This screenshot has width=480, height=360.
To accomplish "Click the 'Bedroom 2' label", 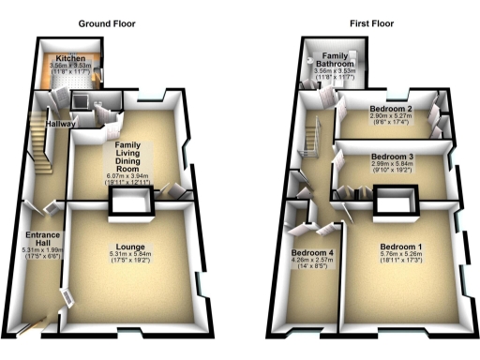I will [393, 110].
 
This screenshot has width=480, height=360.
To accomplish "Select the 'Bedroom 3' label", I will [393, 156].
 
